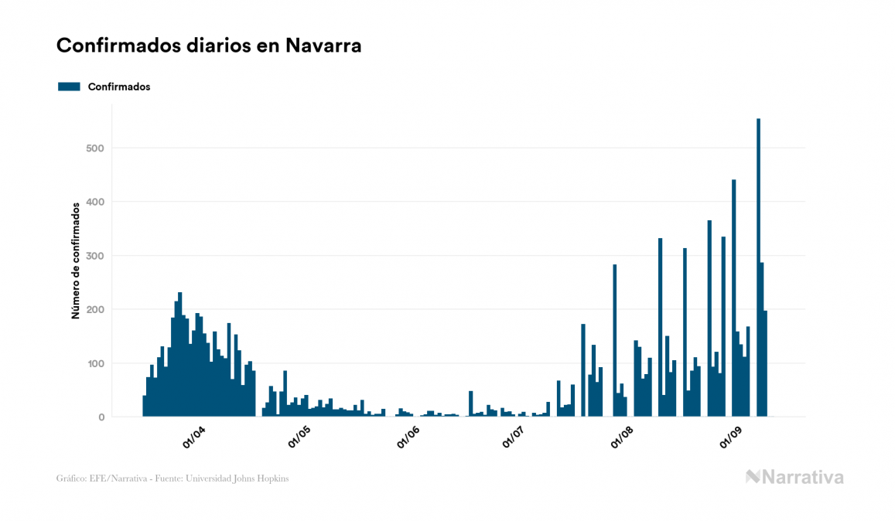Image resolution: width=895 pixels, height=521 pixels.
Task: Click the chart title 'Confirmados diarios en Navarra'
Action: point(209,46)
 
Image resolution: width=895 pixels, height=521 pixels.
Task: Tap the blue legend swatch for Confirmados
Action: point(69,87)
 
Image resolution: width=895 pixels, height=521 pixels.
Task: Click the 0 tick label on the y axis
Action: point(101,417)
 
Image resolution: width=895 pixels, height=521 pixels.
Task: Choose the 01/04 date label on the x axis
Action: point(193,438)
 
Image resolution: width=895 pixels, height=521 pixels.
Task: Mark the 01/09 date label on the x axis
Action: point(731,438)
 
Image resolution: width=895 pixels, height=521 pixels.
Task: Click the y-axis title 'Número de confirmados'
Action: point(76,261)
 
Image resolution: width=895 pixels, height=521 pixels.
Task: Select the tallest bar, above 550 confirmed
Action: point(758,267)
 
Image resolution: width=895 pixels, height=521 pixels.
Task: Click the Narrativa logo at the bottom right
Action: point(794,477)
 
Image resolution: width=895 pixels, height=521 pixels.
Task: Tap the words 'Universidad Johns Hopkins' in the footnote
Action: point(244,478)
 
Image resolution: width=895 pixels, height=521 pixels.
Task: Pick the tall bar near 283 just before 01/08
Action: point(615,340)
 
